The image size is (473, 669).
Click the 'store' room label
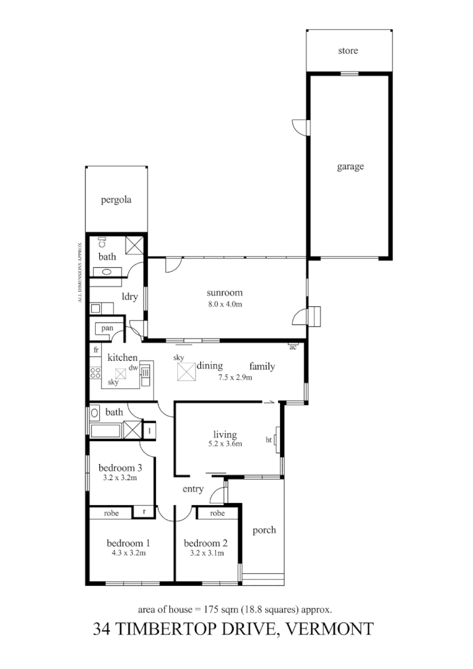pyautogui.click(x=348, y=51)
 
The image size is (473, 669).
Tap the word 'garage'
pyautogui.click(x=350, y=167)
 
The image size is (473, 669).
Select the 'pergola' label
pyautogui.click(x=115, y=200)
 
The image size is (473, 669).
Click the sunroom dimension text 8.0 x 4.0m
pyautogui.click(x=225, y=304)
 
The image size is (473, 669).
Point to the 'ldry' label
pyautogui.click(x=130, y=296)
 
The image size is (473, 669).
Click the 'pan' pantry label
pyautogui.click(x=107, y=328)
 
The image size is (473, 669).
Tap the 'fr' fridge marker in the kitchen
pyautogui.click(x=96, y=351)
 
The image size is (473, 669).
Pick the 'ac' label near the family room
pyautogui.click(x=293, y=347)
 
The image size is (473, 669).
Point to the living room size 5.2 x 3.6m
pyautogui.click(x=225, y=444)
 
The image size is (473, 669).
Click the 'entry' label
pyautogui.click(x=193, y=490)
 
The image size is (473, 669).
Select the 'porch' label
pyautogui.click(x=264, y=530)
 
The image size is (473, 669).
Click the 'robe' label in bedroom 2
pyautogui.click(x=217, y=513)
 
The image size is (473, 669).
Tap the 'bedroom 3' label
pyautogui.click(x=119, y=468)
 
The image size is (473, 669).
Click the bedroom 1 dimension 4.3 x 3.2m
pyautogui.click(x=128, y=553)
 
